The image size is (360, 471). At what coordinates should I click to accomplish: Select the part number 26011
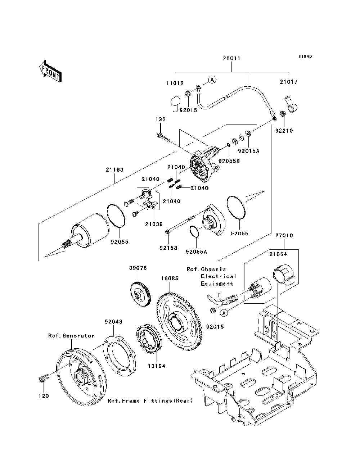[x=231, y=58]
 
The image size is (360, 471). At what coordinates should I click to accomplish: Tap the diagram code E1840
[x=305, y=56]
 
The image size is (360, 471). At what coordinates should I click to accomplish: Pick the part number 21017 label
[x=289, y=82]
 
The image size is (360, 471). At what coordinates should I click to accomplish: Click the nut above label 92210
[x=283, y=114]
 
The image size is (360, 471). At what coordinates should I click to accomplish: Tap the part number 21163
[x=114, y=170]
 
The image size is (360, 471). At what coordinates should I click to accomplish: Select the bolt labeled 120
[x=43, y=379]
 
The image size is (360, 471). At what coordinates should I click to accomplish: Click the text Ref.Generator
[x=71, y=336]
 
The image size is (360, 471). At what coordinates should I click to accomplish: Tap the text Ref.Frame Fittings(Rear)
[x=150, y=400]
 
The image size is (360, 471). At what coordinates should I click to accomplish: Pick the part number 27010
[x=284, y=236]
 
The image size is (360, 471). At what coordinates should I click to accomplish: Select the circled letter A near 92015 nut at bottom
[x=224, y=313]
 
